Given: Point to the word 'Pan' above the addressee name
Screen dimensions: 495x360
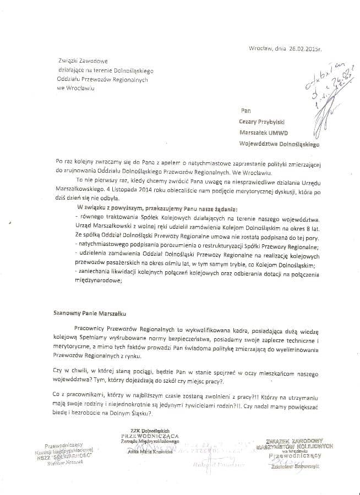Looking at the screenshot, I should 245,110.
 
